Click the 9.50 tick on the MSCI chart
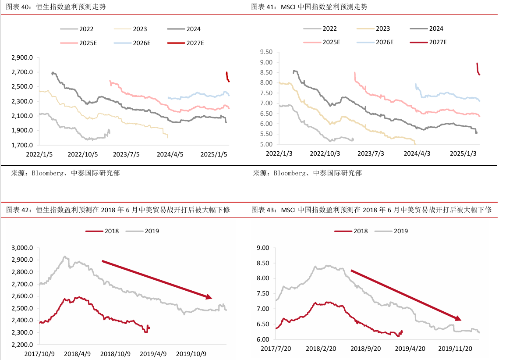pos(266,52)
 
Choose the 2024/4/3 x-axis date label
pos(417,154)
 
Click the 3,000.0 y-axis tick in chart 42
pos(23,248)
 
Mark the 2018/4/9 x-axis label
pos(77,353)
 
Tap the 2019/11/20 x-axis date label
pos(456,349)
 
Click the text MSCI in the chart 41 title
pos(287,7)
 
